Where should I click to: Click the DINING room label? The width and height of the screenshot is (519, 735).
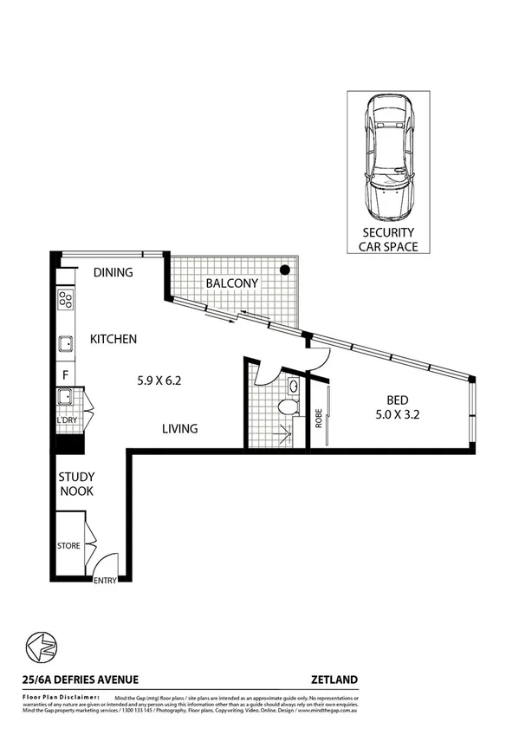(113, 272)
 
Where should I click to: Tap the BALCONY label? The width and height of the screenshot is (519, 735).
(231, 283)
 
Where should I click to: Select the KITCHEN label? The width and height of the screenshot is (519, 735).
(114, 340)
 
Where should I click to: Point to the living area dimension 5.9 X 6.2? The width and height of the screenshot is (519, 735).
(161, 379)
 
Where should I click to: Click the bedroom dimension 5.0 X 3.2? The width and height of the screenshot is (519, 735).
(398, 414)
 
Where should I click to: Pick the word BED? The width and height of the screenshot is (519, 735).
(398, 400)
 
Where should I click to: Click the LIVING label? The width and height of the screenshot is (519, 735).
(180, 428)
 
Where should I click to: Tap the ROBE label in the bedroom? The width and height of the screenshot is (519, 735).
(319, 419)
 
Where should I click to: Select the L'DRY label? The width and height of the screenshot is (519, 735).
(67, 420)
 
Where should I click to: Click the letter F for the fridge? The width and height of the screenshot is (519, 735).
(65, 375)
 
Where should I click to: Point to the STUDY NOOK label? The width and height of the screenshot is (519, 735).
(76, 484)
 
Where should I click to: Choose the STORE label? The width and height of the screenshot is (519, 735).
(68, 546)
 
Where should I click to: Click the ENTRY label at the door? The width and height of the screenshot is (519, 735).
(105, 582)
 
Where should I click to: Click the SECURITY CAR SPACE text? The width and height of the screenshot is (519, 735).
(387, 239)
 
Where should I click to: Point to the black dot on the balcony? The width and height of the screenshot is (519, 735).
(283, 270)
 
